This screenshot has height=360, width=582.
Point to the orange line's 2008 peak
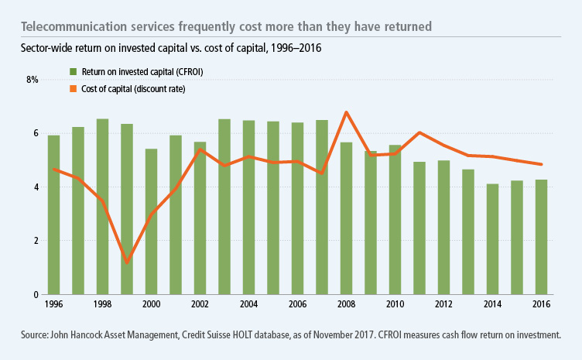(347, 112)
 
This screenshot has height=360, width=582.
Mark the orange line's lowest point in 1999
(127, 262)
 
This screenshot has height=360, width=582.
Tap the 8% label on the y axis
(32, 80)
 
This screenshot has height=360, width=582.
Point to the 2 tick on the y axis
(35, 241)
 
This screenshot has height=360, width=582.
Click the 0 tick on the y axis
(35, 295)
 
